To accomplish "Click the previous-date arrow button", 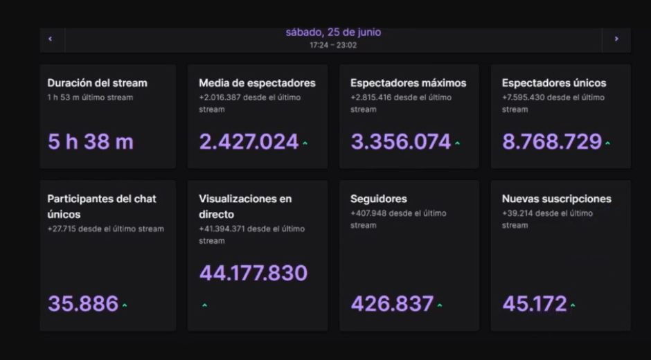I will pyautogui.click(x=51, y=39).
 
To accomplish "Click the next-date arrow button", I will pyautogui.click(x=616, y=39).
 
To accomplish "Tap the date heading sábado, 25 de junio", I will pyautogui.click(x=333, y=33).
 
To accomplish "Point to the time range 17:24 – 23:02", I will pyautogui.click(x=333, y=45).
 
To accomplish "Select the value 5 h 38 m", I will pyautogui.click(x=90, y=142).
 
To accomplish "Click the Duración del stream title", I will pyautogui.click(x=97, y=83).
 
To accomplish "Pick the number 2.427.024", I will pyautogui.click(x=249, y=142).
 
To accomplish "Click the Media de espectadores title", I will pyautogui.click(x=257, y=83).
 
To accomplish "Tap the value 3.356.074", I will pyautogui.click(x=400, y=142).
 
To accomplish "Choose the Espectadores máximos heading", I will pyautogui.click(x=408, y=83).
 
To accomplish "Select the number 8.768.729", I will pyautogui.click(x=552, y=142).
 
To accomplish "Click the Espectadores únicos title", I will pyautogui.click(x=553, y=83).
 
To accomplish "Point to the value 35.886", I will pyautogui.click(x=83, y=303).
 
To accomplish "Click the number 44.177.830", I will pyautogui.click(x=253, y=273).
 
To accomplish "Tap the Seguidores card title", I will pyautogui.click(x=378, y=199).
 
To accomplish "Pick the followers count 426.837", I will pyautogui.click(x=392, y=303).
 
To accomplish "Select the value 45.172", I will pyautogui.click(x=534, y=303).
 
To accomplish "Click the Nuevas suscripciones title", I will pyautogui.click(x=556, y=199).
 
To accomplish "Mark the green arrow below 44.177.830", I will pyautogui.click(x=204, y=305).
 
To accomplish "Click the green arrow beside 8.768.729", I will pyautogui.click(x=607, y=144).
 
